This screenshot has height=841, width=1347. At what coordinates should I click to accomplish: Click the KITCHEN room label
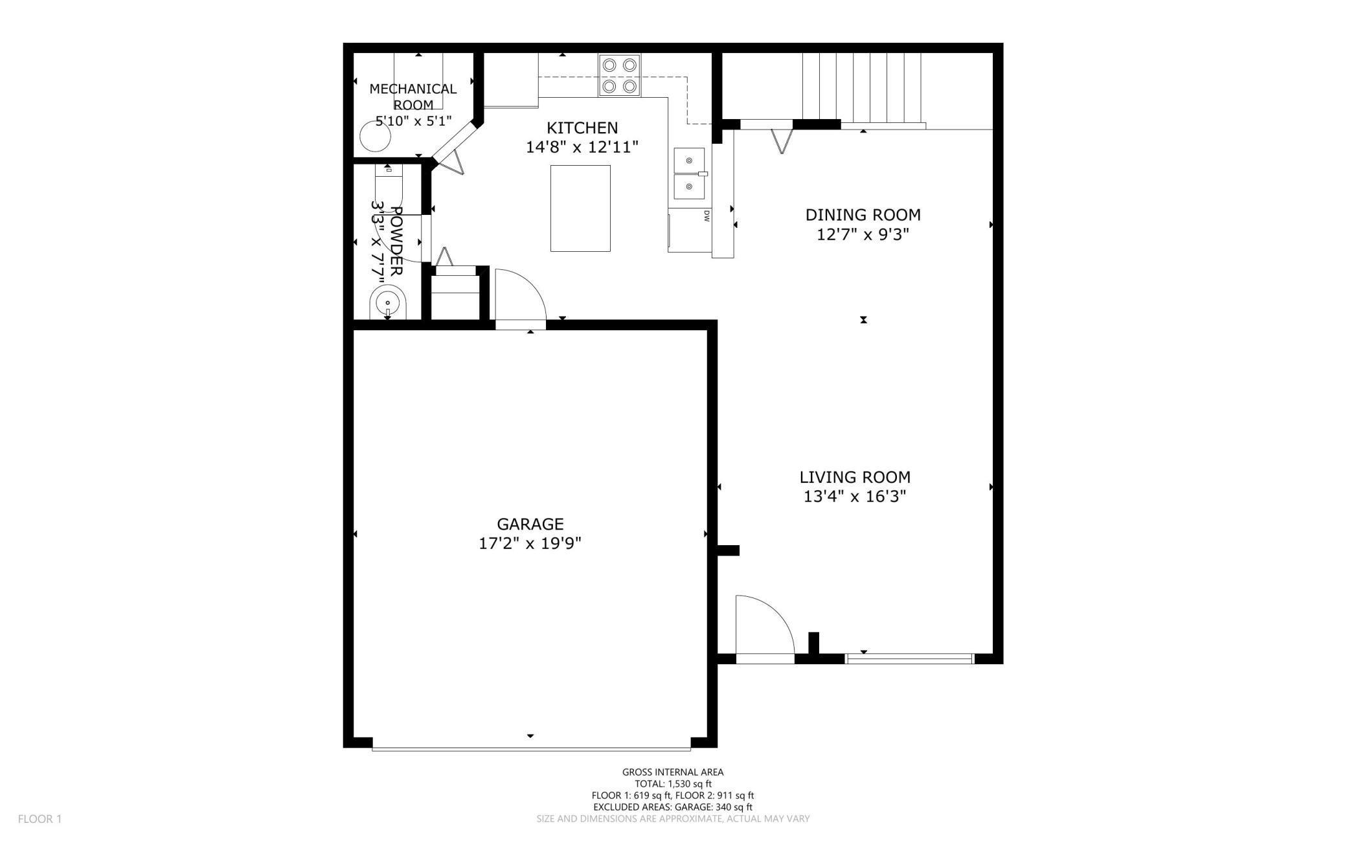pos(582,128)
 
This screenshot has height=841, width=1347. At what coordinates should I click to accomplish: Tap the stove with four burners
pos(619,75)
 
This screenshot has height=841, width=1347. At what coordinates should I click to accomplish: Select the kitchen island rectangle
pos(580,208)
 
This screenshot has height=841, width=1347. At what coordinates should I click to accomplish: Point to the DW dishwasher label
pos(707,216)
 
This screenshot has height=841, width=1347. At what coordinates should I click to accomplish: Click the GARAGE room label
pos(530,523)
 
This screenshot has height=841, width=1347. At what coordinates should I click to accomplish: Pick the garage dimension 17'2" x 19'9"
pos(530,543)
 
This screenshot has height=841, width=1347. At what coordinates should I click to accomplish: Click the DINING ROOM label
pos(863,214)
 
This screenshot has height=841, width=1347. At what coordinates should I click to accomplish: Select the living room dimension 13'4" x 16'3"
pos(854,497)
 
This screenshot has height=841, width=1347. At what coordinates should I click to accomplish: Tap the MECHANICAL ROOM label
pos(413,96)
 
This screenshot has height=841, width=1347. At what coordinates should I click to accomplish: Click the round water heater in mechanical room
pos(375,137)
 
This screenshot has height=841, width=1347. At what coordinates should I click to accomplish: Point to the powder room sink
pos(387,304)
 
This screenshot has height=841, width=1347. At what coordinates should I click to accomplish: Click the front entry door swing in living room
pos(763,625)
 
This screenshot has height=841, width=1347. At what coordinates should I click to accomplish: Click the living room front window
pos(910,658)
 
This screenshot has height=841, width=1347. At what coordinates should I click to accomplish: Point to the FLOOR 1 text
pos(40,819)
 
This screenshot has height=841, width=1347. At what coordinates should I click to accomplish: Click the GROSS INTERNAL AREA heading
pos(673,772)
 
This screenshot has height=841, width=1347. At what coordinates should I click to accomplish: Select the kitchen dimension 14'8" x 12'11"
pos(582,147)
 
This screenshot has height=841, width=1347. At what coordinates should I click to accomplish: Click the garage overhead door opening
pos(531,748)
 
